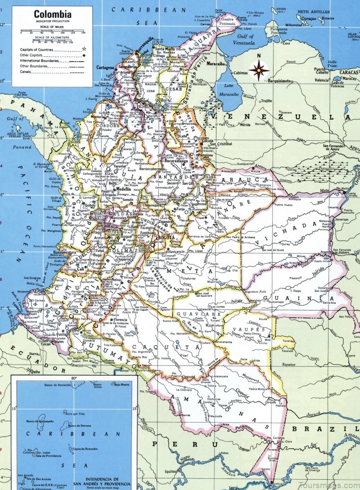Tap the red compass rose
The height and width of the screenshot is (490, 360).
[259, 71]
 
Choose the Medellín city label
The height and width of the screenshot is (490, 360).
[123, 189]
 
